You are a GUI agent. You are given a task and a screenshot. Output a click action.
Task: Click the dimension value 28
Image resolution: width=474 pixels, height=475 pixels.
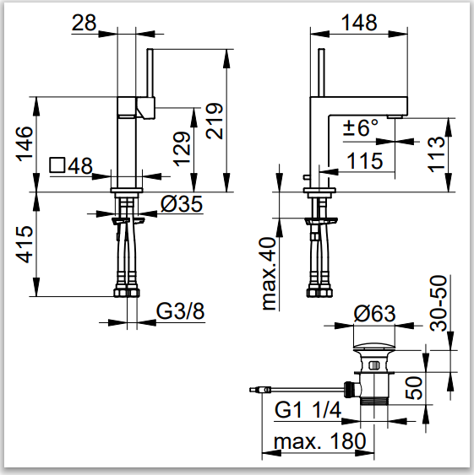(x=84, y=23)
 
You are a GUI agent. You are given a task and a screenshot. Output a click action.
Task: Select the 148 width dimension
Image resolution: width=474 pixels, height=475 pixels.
(x=359, y=23)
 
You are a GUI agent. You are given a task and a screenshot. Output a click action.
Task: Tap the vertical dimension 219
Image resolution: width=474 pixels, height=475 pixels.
(x=215, y=121)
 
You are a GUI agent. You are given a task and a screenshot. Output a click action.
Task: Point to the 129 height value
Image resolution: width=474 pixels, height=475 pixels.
(x=182, y=148)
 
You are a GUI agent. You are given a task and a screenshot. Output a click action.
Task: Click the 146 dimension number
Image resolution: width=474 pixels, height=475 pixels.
(x=25, y=144)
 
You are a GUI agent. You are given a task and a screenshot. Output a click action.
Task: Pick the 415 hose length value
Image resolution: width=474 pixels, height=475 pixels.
(x=25, y=244)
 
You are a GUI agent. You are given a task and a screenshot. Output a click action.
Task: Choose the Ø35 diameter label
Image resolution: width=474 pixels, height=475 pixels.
(x=181, y=203)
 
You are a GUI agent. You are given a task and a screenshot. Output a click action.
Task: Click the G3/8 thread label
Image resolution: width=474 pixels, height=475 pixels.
(x=180, y=310)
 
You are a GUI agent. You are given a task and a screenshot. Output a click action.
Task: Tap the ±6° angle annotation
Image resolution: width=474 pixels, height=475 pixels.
(x=361, y=128)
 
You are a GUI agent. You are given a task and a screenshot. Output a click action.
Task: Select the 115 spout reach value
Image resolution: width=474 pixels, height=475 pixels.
(x=364, y=160)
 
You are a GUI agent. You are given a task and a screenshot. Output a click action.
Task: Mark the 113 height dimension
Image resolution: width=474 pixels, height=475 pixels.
(x=436, y=154)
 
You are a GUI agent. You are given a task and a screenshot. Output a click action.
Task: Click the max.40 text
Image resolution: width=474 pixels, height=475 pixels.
(x=268, y=273)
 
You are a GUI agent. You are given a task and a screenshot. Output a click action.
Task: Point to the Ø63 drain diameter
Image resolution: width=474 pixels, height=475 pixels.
(x=374, y=314)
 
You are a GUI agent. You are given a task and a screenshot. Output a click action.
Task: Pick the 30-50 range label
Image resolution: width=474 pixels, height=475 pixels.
(x=439, y=303)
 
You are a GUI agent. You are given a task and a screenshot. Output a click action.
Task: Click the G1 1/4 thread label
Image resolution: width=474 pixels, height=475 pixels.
(x=308, y=410)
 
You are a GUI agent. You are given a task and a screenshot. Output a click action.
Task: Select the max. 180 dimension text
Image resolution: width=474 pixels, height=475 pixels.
(x=320, y=441)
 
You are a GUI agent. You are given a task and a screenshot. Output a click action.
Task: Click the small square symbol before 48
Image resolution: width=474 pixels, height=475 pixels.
(x=57, y=165)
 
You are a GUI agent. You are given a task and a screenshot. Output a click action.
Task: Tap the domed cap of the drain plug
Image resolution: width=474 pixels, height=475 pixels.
(x=374, y=346)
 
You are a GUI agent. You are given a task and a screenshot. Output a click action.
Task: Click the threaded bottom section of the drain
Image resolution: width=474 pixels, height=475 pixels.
(x=374, y=401)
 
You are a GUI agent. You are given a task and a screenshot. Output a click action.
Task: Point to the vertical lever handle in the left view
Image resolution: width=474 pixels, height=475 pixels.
(x=150, y=73)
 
